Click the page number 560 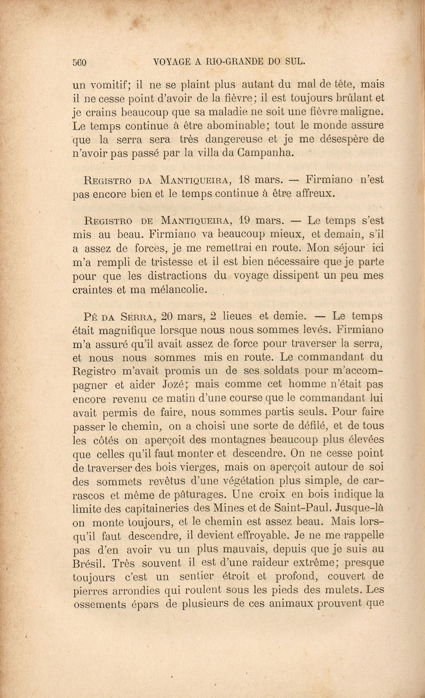(x=80, y=62)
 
